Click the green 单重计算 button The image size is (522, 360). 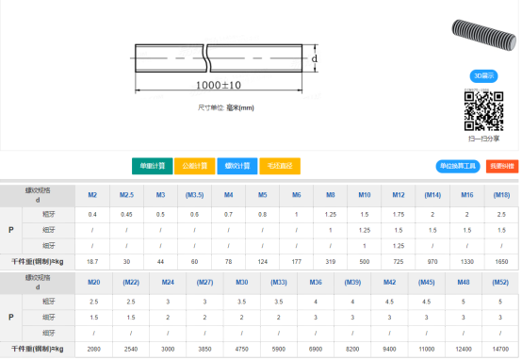point(152,166)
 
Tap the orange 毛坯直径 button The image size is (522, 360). point(280,166)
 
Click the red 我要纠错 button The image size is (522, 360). point(501,166)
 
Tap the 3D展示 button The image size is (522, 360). point(482,75)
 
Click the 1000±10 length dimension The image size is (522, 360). point(219,86)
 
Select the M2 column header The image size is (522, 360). point(92,195)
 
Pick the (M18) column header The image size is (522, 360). point(501,195)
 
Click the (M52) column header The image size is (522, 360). point(501,282)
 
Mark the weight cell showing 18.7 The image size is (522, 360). point(92,260)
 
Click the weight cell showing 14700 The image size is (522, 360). point(501,348)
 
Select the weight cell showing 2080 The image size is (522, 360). point(92,348)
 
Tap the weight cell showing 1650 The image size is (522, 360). point(501,260)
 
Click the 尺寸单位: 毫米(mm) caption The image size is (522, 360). point(226,107)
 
